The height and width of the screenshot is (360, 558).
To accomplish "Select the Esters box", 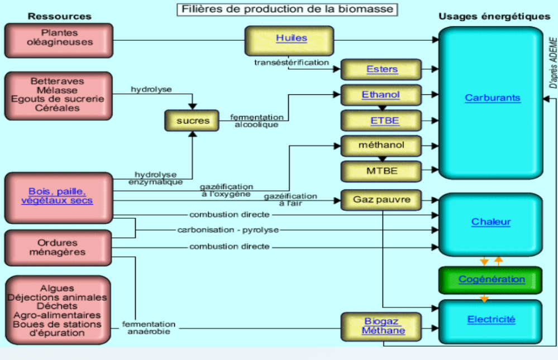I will tap(381, 70).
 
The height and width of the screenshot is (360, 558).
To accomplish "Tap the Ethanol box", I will tap(381, 95).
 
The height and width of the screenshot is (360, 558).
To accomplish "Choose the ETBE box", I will tap(381, 121).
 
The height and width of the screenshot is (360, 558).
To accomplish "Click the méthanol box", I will tap(381, 146).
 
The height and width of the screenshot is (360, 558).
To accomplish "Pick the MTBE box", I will tap(381, 171).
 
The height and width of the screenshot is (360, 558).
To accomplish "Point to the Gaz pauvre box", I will tap(381, 199).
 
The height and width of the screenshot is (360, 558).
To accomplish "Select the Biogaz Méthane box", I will tap(382, 326).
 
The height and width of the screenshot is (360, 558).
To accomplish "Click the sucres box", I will tap(193, 121).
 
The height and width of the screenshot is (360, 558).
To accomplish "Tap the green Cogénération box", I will tap(492, 279).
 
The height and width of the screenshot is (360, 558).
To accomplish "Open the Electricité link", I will tap(491, 320).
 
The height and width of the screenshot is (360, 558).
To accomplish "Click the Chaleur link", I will tap(491, 222).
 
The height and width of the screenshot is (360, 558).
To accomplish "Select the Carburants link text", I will tap(492, 98).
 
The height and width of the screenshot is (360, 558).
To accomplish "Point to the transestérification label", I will tap(292, 63).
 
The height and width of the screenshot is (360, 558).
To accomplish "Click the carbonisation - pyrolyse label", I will tap(228, 230).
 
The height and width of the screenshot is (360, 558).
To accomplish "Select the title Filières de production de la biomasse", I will tap(288, 9).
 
